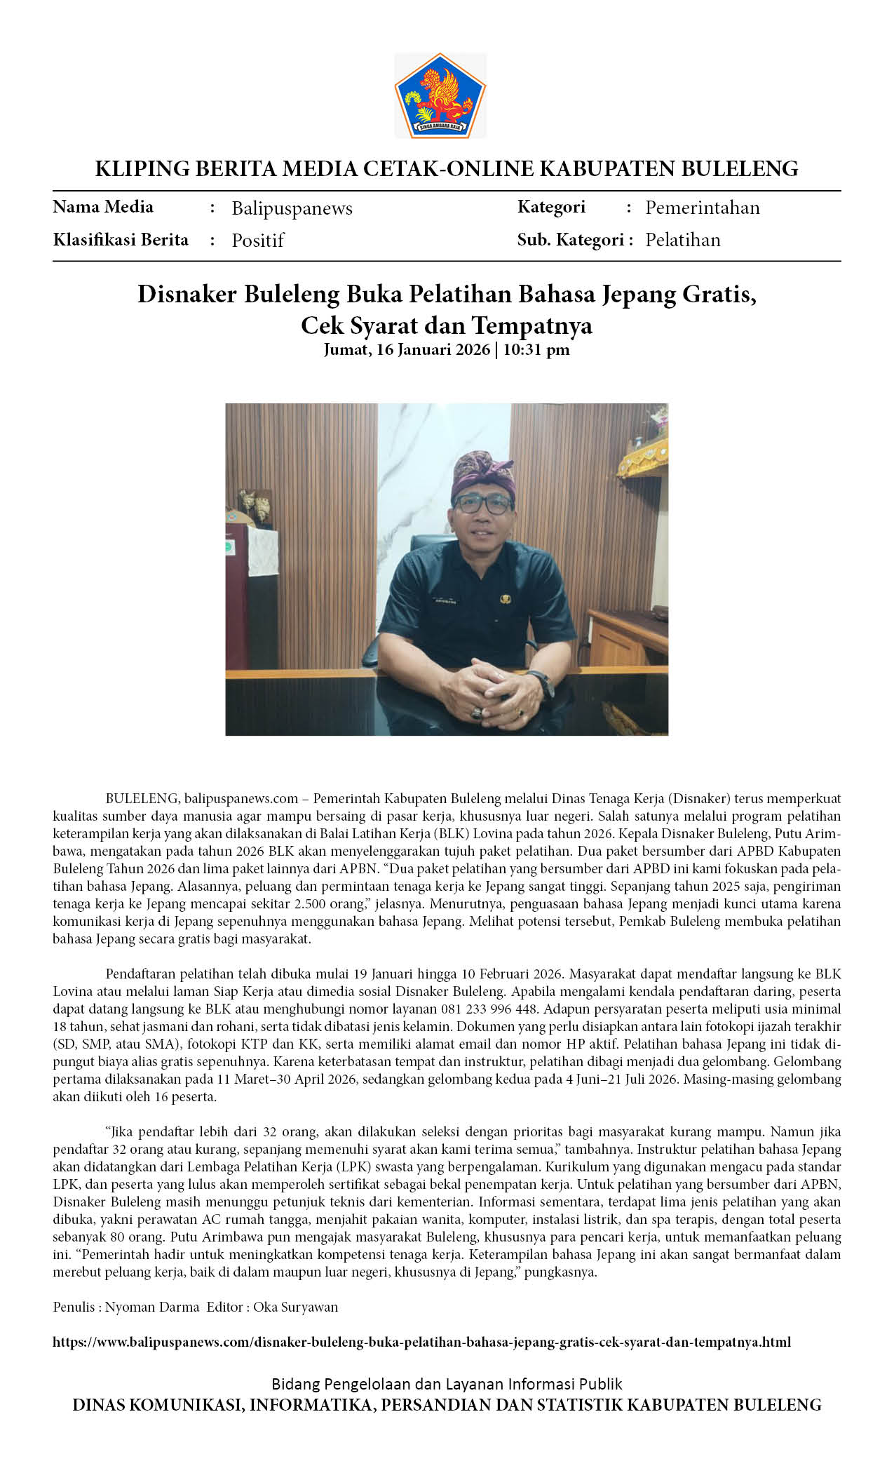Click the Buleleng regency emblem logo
click(440, 95)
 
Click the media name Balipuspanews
click(292, 208)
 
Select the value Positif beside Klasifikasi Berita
click(258, 241)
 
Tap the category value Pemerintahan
click(702, 208)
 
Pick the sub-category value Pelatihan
click(682, 240)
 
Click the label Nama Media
click(103, 207)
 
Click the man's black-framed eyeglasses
click(482, 504)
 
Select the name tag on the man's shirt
click(445, 601)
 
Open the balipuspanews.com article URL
click(421, 1342)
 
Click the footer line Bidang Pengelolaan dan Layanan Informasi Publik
click(447, 1383)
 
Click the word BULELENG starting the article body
click(142, 798)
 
